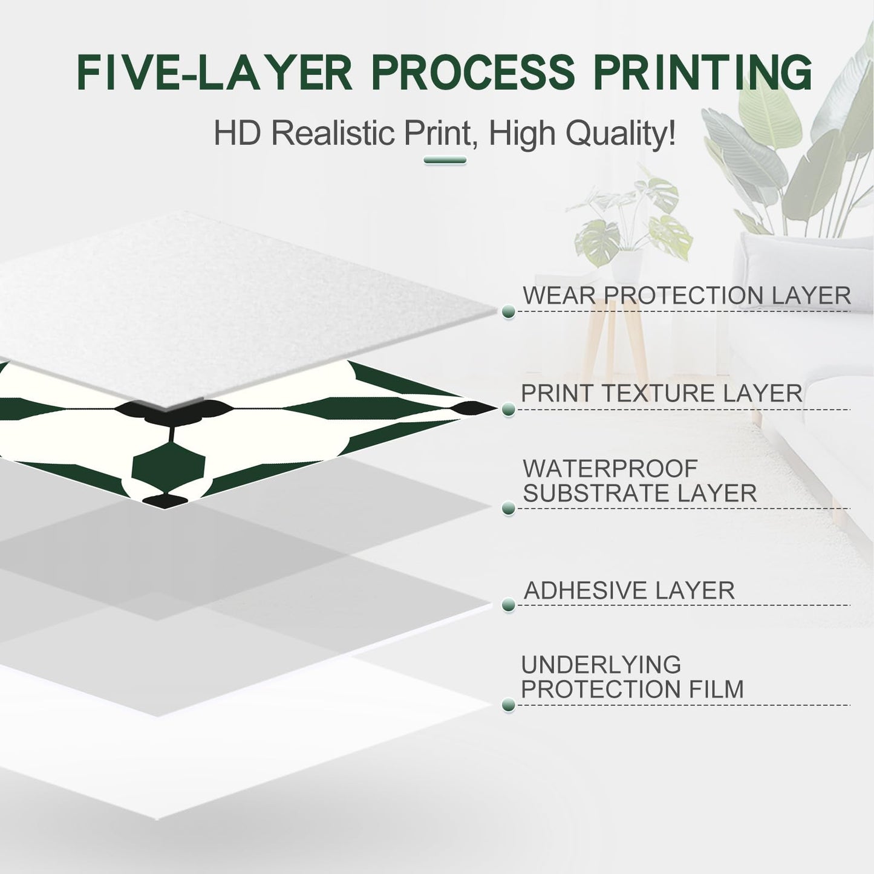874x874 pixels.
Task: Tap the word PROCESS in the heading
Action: [x=472, y=73]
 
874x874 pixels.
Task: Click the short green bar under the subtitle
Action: [x=445, y=160]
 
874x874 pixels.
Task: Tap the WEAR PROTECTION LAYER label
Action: [x=686, y=295]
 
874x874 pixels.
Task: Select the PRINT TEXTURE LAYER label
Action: [x=662, y=393]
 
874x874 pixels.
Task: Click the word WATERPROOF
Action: [x=610, y=469]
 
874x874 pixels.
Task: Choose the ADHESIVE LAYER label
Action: [x=629, y=590]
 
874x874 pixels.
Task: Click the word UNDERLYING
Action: [x=601, y=665]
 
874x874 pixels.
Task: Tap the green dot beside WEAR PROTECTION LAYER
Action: [x=509, y=311]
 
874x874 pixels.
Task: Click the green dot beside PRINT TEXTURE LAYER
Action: [x=509, y=409]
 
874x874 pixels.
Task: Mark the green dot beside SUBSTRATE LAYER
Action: [x=509, y=508]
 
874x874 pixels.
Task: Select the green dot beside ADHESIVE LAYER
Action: [x=509, y=605]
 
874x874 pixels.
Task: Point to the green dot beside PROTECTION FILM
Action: [x=509, y=705]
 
